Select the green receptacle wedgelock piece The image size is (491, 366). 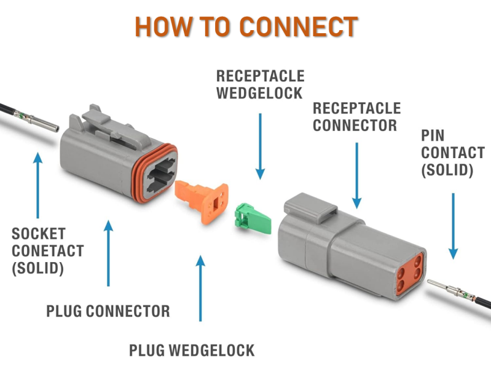pos(253,219)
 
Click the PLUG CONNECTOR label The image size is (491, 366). pos(108,311)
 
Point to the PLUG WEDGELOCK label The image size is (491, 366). pos(192,351)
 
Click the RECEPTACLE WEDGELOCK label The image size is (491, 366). pos(260,84)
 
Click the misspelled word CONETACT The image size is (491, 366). pos(47,251)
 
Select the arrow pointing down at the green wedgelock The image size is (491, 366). pos(260,145)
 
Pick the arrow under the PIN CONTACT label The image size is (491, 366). pos(453,225)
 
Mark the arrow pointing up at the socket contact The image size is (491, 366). pos(38,185)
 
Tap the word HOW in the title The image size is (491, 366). pos(160,26)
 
